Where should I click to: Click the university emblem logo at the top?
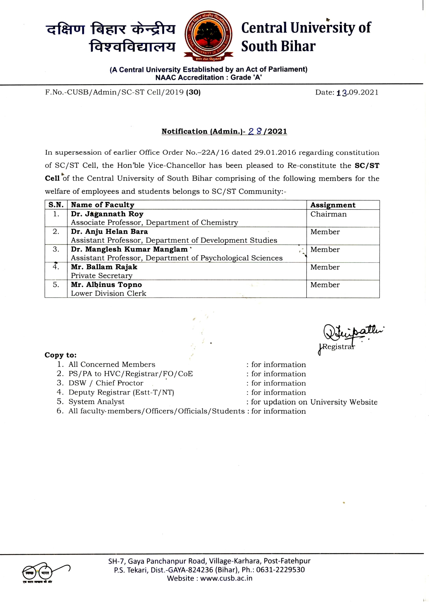[208, 36]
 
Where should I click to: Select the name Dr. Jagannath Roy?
[107, 214]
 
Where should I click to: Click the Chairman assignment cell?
[328, 214]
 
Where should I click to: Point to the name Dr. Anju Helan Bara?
[109, 232]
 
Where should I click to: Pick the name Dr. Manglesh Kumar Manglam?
[129, 249]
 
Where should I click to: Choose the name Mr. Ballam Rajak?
[104, 267]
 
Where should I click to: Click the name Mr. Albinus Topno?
[106, 285]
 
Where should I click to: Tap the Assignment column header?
[333, 205]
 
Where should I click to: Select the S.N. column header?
[56, 205]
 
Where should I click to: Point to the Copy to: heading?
[60, 355]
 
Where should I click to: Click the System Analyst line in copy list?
[96, 402]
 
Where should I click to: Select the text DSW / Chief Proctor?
[106, 383]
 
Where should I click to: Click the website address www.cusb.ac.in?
[226, 578]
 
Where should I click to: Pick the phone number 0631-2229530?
[280, 570]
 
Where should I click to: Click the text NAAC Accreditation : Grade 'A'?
[208, 78]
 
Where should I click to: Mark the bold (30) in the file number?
[193, 92]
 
